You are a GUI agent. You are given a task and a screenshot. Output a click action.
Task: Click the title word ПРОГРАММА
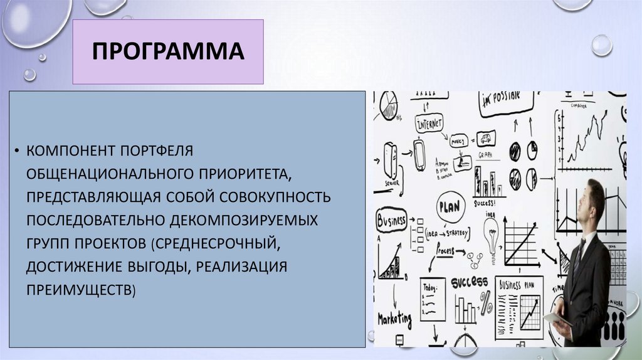(168, 52)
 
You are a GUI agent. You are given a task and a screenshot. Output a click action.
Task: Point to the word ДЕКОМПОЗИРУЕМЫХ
(251, 221)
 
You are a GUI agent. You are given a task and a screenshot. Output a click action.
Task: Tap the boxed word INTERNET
(429, 122)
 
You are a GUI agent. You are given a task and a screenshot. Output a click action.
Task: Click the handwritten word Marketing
(394, 319)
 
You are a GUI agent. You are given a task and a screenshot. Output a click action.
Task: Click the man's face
(587, 203)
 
